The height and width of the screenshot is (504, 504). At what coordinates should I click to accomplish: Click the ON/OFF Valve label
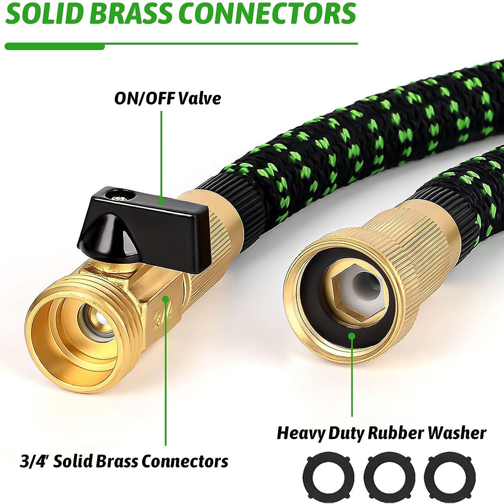tap(167, 98)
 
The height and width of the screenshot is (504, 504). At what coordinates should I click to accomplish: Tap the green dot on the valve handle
tap(161, 201)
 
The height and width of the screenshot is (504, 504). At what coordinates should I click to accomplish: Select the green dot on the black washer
tap(351, 336)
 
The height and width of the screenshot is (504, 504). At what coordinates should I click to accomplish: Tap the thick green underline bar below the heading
tap(55, 46)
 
